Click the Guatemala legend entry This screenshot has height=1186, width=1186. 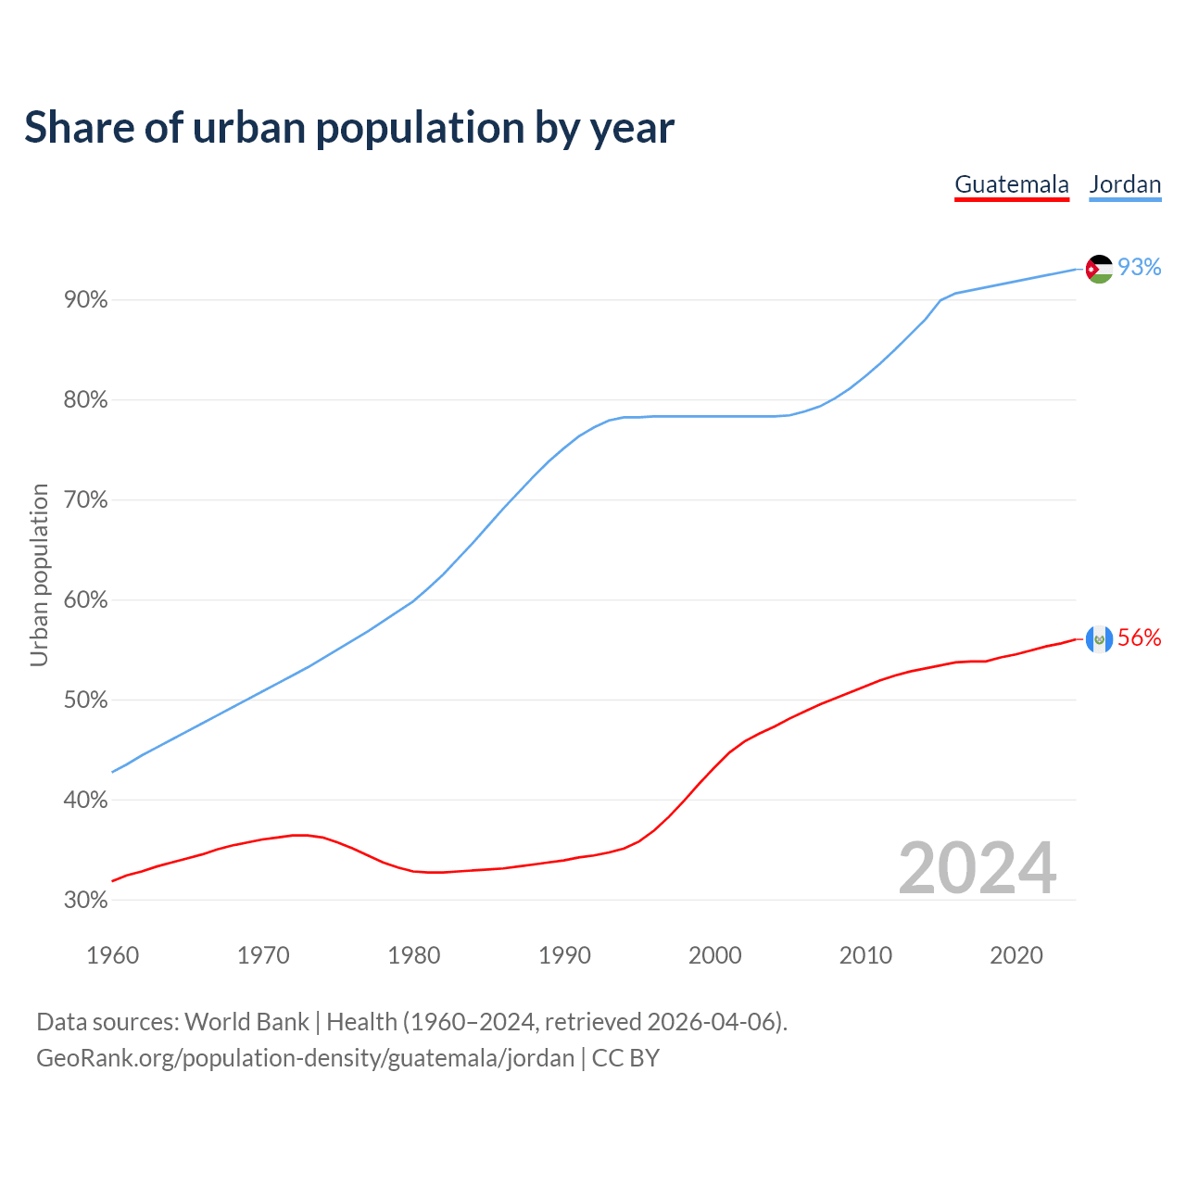pos(1012,184)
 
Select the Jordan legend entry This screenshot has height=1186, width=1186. pos(1125,184)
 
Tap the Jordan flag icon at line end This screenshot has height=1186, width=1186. pos(1099,269)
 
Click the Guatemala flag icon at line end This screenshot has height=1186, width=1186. pos(1099,639)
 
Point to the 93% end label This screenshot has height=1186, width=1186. pos(1140,267)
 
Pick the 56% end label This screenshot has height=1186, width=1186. pos(1140,637)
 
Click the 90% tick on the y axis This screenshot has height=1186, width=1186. pos(85,300)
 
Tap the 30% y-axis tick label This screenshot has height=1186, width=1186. pos(85,900)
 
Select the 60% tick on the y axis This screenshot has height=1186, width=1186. pos(85,600)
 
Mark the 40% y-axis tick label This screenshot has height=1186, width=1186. pos(85,800)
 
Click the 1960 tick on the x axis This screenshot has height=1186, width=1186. pos(112,955)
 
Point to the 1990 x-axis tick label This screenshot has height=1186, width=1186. pos(564,955)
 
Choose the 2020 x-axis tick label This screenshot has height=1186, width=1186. pos(1016,955)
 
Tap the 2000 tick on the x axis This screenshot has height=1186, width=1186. pos(715,955)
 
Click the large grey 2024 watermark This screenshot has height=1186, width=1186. pos(978,868)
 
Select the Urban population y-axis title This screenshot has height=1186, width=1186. pos(39,574)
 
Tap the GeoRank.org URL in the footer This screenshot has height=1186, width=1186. pos(305,1058)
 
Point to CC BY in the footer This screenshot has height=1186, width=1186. pos(625,1058)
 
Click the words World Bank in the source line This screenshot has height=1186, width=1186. pos(246,1022)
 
